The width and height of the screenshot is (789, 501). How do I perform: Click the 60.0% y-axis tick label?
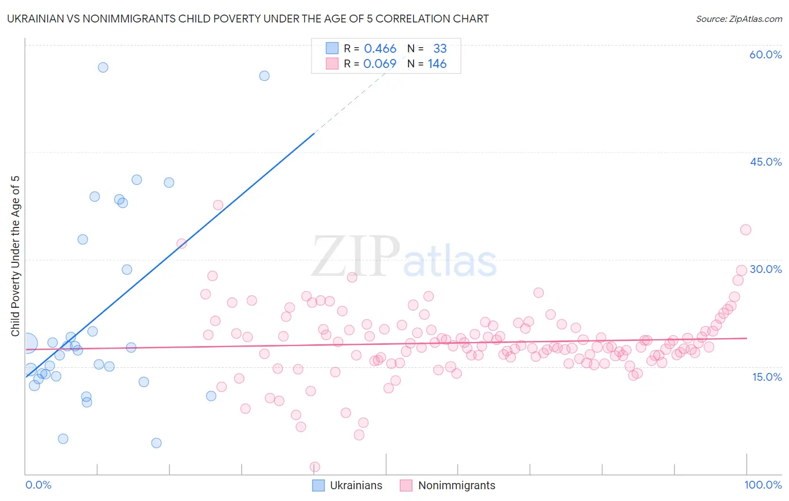(x=765, y=54)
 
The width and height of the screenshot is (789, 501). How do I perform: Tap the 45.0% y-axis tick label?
(x=765, y=162)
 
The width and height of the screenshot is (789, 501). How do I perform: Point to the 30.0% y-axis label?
(x=765, y=269)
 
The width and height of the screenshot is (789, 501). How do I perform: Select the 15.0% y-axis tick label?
(x=767, y=377)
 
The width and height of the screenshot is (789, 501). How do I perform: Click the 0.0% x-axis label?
(x=38, y=485)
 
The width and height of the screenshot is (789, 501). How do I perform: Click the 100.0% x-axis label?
(x=763, y=485)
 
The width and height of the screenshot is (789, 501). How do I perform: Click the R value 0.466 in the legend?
(x=380, y=49)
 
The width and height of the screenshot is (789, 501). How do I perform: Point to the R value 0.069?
(x=380, y=64)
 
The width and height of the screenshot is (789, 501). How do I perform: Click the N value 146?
(x=437, y=64)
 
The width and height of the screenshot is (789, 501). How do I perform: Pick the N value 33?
(x=440, y=49)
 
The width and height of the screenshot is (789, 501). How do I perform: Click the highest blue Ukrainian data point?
(x=103, y=67)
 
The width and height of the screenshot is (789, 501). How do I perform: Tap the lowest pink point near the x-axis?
(x=315, y=467)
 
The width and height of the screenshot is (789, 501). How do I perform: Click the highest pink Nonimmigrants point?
(x=218, y=205)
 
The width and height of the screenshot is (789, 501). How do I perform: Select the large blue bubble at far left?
(x=28, y=343)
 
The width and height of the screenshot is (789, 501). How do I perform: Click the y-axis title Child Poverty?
(x=16, y=256)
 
